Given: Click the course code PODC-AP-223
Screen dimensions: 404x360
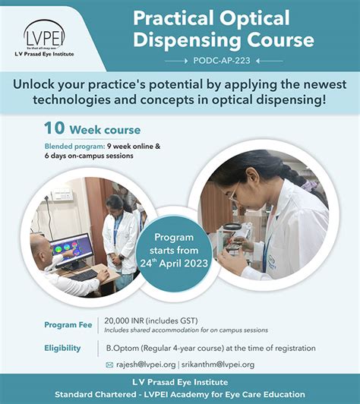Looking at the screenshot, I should [x=223, y=61].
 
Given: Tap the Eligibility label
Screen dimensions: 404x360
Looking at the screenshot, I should [x=62, y=348].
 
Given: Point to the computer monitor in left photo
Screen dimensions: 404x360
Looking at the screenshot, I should [x=71, y=250].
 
